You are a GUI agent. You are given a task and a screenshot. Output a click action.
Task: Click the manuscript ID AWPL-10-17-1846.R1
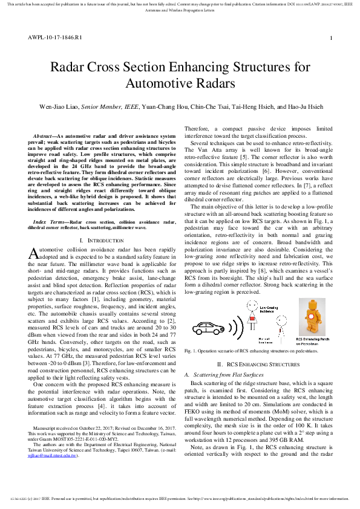tap(54, 37)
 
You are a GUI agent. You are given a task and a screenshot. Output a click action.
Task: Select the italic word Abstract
tap(42, 137)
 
